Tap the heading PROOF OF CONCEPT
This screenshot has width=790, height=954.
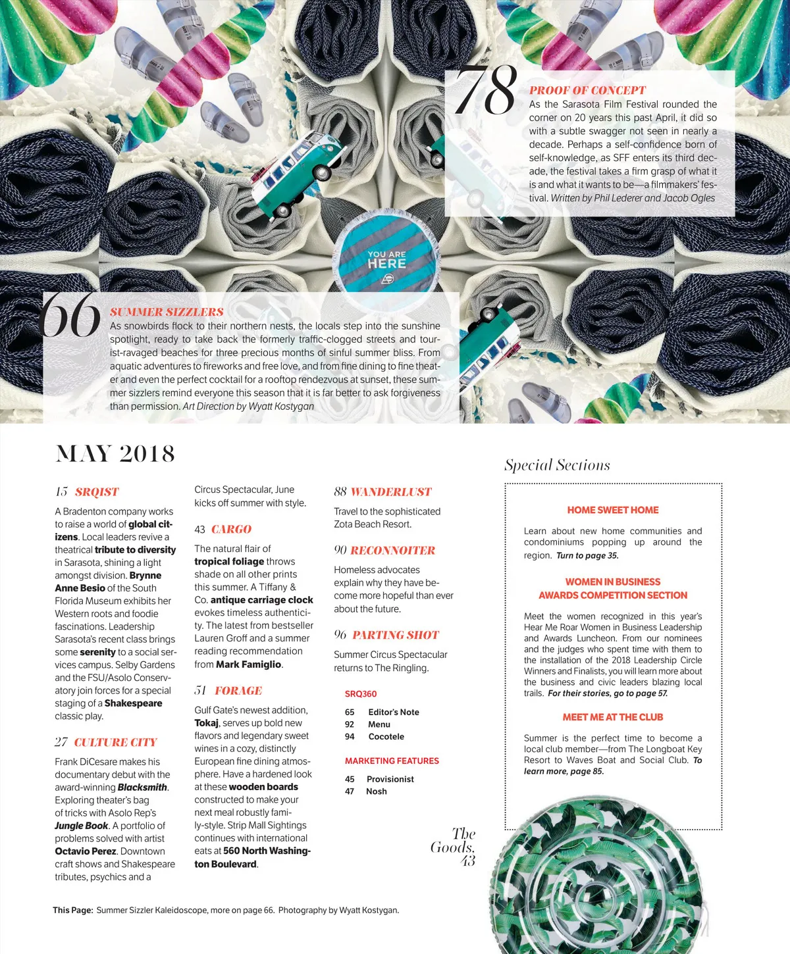tap(587, 90)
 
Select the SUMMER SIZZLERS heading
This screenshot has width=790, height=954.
tap(167, 312)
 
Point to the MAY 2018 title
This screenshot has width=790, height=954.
tap(115, 453)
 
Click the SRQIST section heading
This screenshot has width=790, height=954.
tap(96, 491)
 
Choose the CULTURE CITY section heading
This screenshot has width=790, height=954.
tap(115, 742)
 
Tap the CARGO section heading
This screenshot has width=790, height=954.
tap(231, 529)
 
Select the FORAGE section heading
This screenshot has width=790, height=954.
tap(238, 690)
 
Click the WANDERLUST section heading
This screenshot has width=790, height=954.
tap(390, 491)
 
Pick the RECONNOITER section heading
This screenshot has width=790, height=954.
tap(392, 550)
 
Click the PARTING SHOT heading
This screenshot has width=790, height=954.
tap(395, 635)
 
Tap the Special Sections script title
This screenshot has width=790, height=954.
tap(557, 465)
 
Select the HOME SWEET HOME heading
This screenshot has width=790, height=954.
tap(612, 510)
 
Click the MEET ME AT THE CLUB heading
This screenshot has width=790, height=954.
tap(612, 717)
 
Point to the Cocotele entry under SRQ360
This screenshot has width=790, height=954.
tap(386, 736)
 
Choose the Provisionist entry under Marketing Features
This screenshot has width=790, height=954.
tap(390, 779)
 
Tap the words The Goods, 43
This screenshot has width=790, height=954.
tap(454, 847)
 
